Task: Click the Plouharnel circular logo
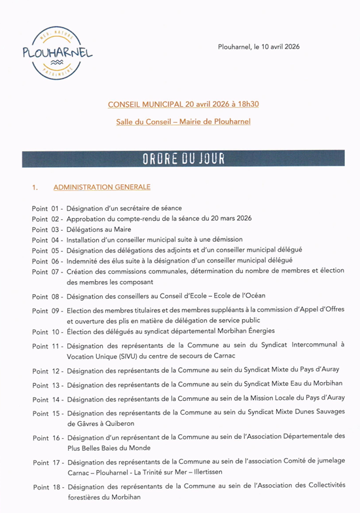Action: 57,54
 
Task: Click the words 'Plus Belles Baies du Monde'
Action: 109,449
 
